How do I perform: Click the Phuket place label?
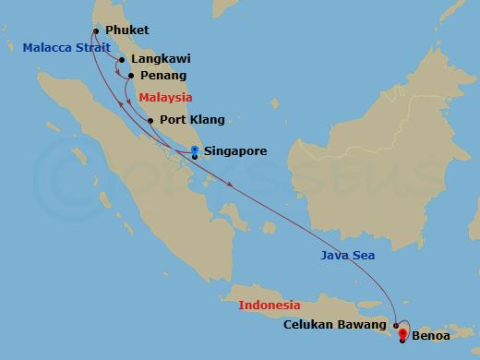coord(127,30)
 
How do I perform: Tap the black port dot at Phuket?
coord(96,30)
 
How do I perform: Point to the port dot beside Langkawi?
coord(121,60)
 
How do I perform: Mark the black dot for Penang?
coord(130,76)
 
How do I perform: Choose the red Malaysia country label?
coord(165,97)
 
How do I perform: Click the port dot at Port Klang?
coord(150,120)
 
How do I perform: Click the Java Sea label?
coord(348,256)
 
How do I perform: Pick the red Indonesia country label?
coord(270,305)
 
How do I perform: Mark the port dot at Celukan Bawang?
coord(396,325)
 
